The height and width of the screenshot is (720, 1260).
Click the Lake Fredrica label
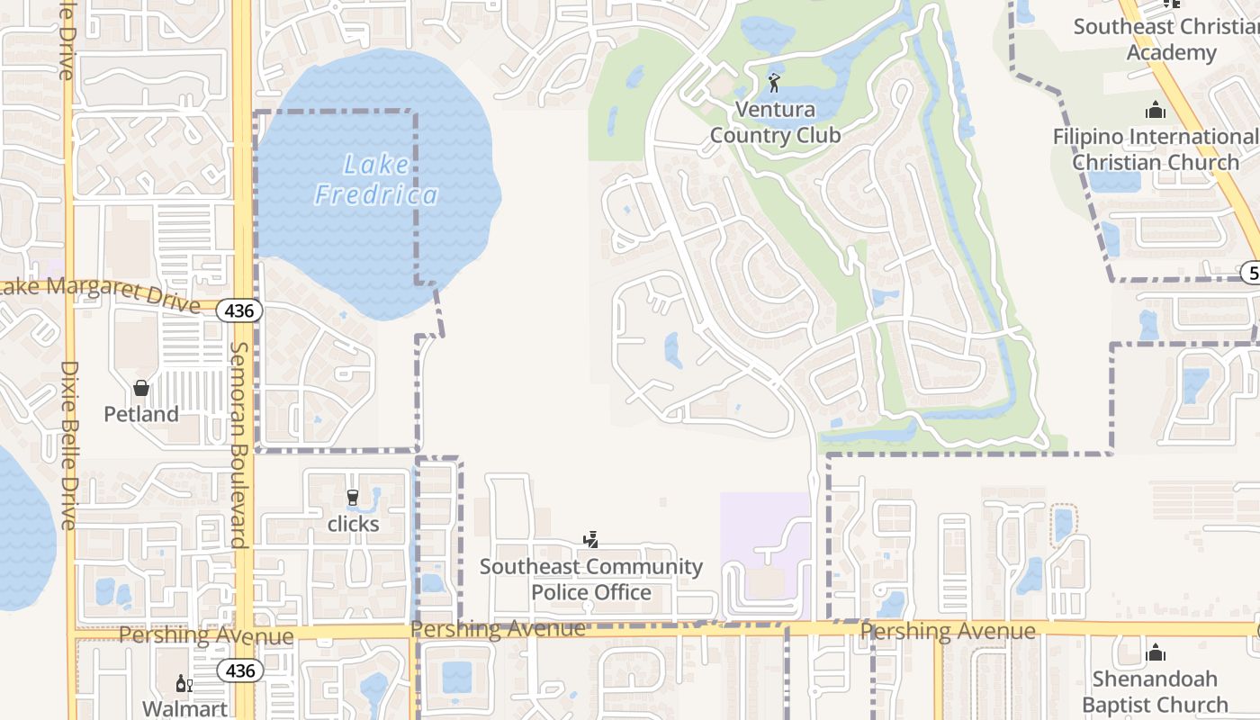click(376, 180)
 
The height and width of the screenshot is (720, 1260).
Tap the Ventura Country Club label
click(775, 122)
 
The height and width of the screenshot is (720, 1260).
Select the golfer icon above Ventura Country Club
click(774, 83)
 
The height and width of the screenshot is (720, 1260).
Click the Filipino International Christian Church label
click(1156, 149)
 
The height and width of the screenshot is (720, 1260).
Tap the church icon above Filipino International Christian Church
click(1156, 111)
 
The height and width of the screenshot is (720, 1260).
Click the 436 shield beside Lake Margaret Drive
click(240, 311)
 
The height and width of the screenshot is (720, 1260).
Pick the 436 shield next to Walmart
click(240, 670)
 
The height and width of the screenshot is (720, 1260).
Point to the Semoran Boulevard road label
click(239, 445)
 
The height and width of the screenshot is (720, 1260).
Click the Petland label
click(141, 414)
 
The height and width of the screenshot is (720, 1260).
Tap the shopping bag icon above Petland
click(141, 388)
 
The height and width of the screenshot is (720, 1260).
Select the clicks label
click(353, 524)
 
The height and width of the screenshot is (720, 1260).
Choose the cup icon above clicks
click(353, 497)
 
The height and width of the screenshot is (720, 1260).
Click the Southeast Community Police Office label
click(591, 580)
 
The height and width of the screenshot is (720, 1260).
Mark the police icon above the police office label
click(591, 540)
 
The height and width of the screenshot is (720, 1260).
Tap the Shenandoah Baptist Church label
click(1155, 691)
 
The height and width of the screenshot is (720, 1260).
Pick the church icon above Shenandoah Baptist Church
click(1156, 652)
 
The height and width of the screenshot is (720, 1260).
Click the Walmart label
click(185, 709)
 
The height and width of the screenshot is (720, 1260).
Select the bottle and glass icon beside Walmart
click(184, 683)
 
